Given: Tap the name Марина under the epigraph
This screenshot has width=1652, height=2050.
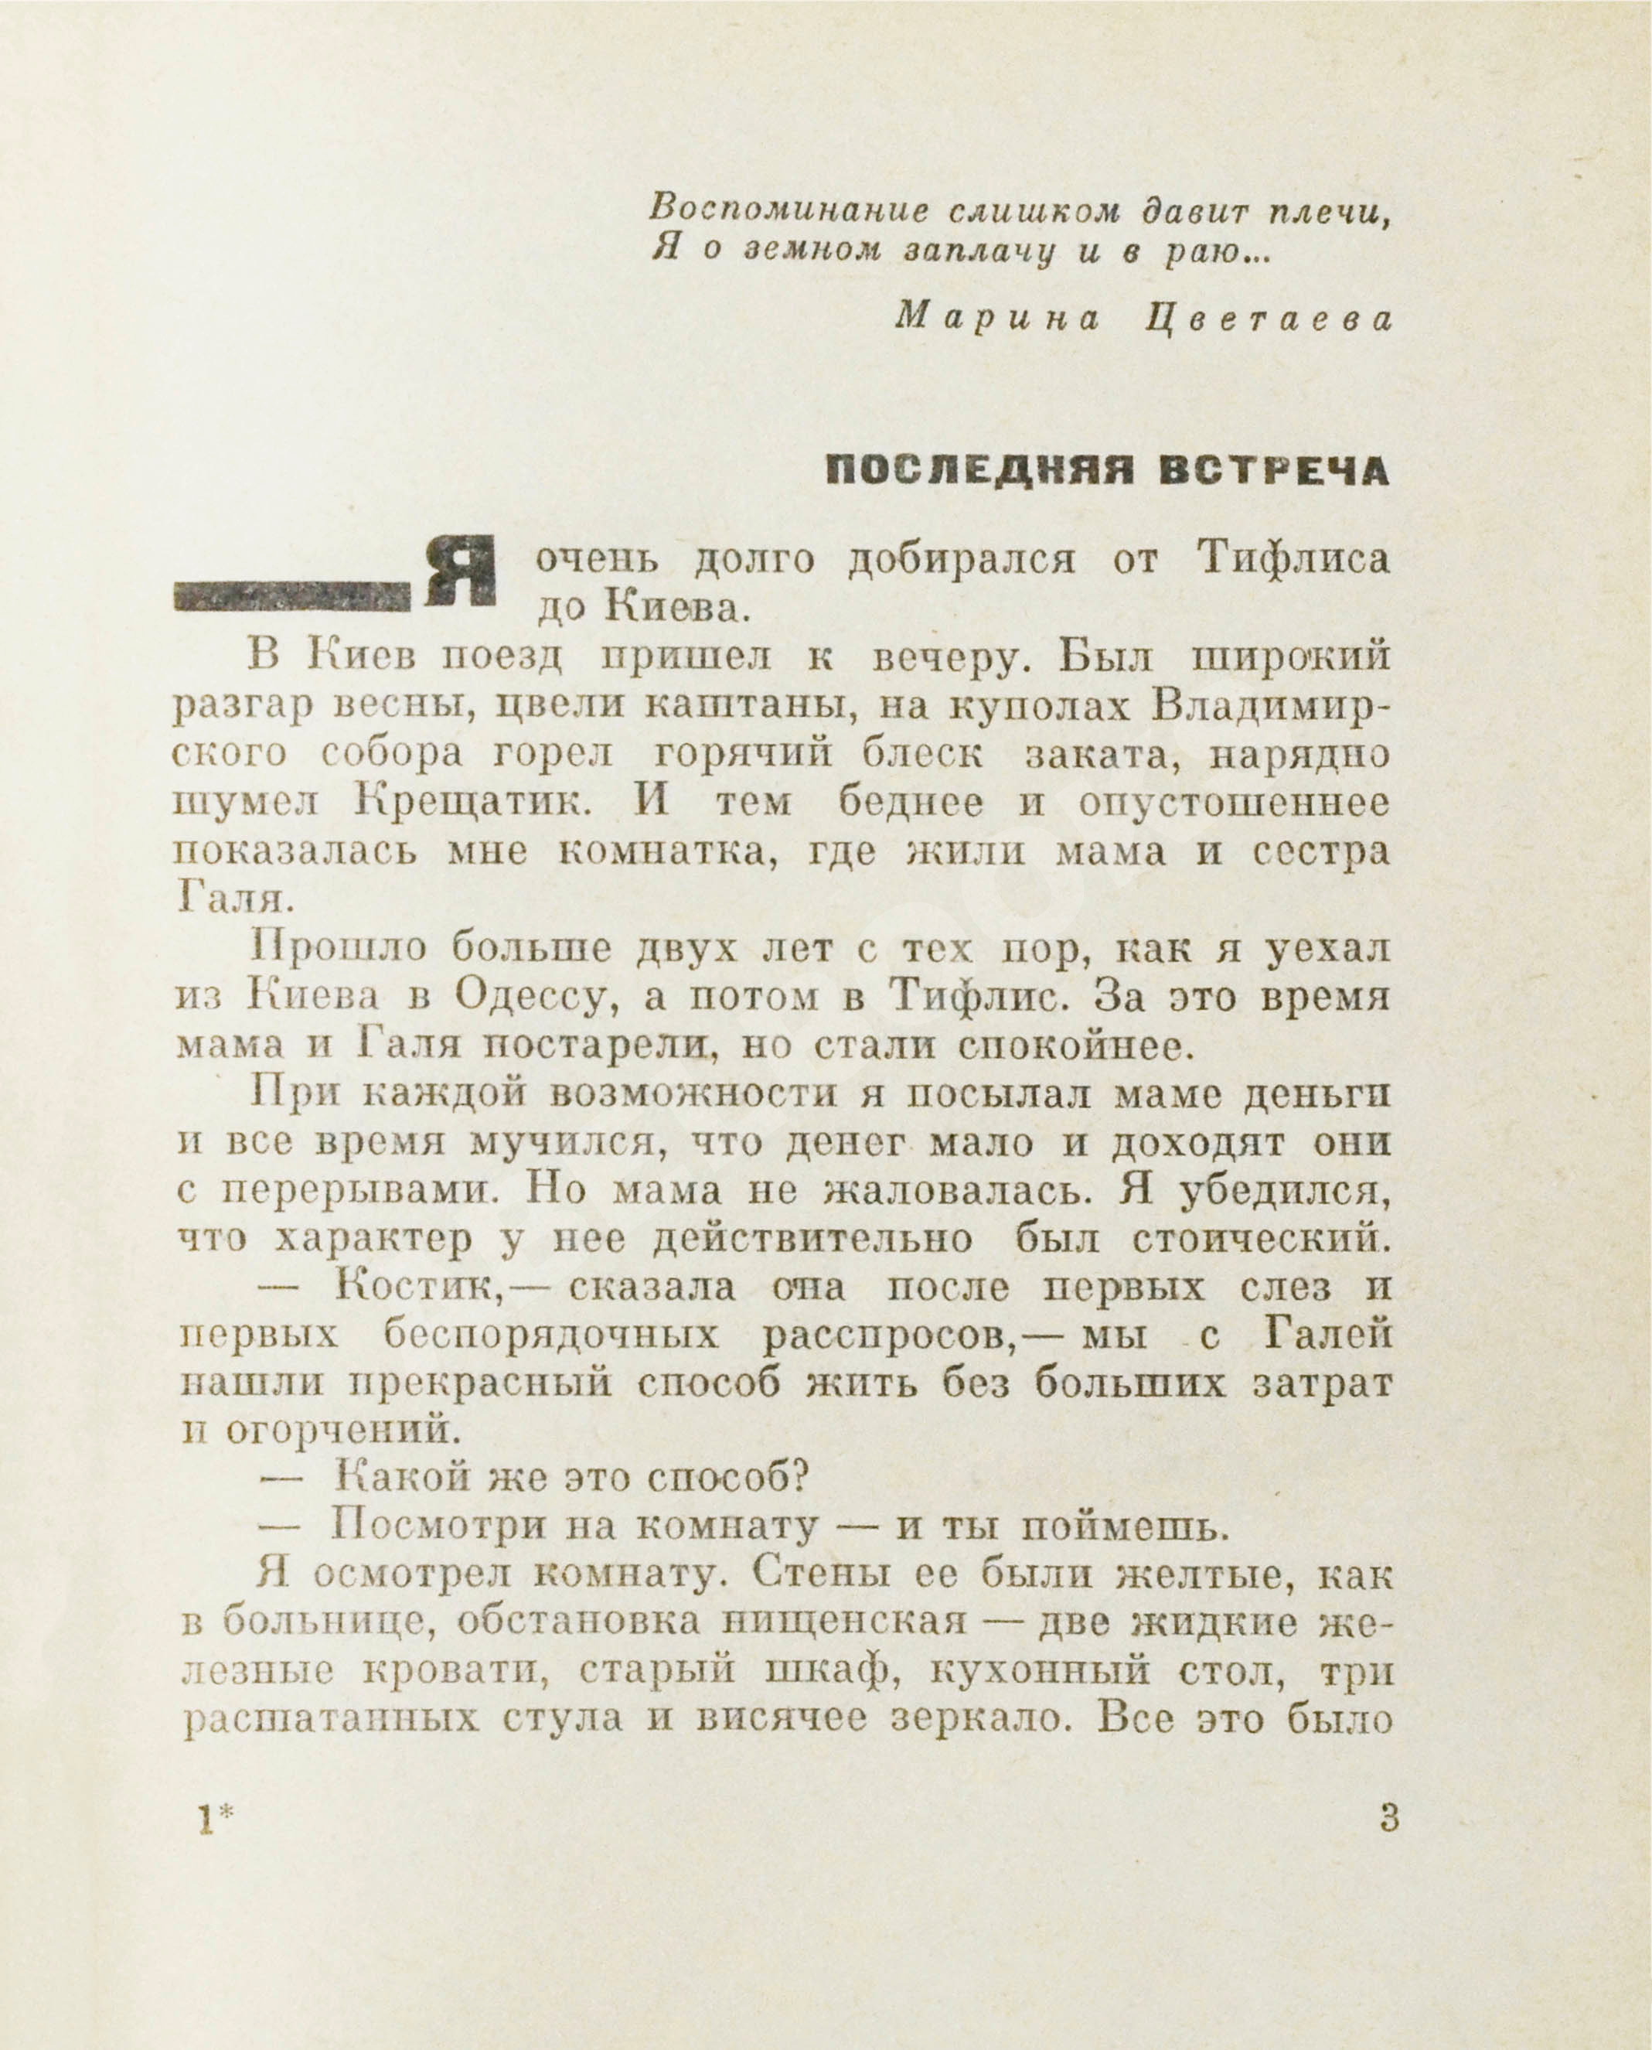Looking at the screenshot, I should coord(996,319).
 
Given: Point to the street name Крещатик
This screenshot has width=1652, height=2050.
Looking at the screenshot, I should coord(473,801).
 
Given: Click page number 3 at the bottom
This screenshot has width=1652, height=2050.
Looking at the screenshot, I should coord(1388,1820).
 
